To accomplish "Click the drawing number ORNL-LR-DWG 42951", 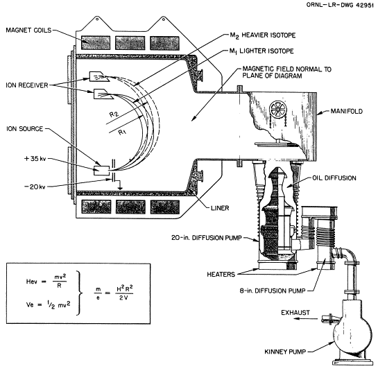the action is click(x=340, y=5).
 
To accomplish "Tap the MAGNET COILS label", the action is click(x=28, y=30).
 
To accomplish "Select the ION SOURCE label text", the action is click(x=24, y=129).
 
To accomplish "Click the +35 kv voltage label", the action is click(x=35, y=159).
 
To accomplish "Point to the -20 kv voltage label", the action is click(x=35, y=187).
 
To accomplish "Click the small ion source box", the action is click(x=101, y=171).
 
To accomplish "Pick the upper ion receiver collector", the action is click(x=99, y=76).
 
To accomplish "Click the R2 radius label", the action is click(x=114, y=114).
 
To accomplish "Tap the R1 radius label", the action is click(x=123, y=132).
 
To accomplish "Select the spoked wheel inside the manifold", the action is click(x=277, y=109).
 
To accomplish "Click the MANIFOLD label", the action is click(x=346, y=111).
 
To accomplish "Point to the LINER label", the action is click(x=220, y=208).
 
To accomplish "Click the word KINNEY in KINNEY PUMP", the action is click(x=275, y=352).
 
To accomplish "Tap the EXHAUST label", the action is click(x=295, y=313).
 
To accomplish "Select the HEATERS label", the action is click(x=221, y=275).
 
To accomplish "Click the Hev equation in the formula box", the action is click(x=46, y=282).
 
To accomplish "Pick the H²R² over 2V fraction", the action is click(x=124, y=293).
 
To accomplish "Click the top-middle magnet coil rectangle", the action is click(x=130, y=43).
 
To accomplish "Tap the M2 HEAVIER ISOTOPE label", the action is click(x=263, y=35).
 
